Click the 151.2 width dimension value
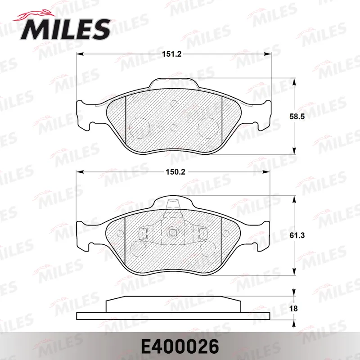click(x=172, y=54)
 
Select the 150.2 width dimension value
click(x=175, y=172)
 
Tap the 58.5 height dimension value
click(x=297, y=117)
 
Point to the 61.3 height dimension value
click(x=297, y=235)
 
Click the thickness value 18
click(x=294, y=308)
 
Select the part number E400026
click(x=180, y=346)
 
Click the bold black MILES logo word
click(x=65, y=29)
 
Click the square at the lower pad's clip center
click(x=172, y=233)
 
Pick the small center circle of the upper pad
click(x=174, y=127)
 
